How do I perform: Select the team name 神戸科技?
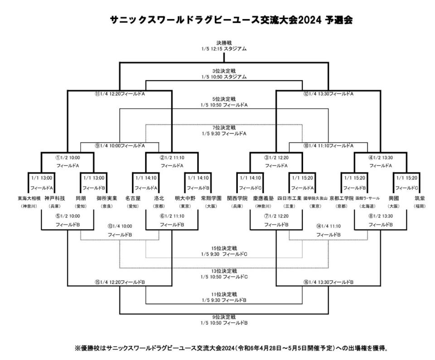(x=54, y=198)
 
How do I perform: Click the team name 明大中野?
(x=185, y=198)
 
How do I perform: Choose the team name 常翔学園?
(x=211, y=198)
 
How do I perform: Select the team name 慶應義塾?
(x=264, y=198)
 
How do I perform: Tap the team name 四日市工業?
(x=290, y=198)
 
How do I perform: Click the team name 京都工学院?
(x=342, y=198)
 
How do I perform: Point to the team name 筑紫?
(x=420, y=198)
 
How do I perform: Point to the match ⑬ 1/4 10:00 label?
(x=120, y=226)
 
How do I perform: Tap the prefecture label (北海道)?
(x=367, y=206)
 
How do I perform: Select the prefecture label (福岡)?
(x=420, y=206)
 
